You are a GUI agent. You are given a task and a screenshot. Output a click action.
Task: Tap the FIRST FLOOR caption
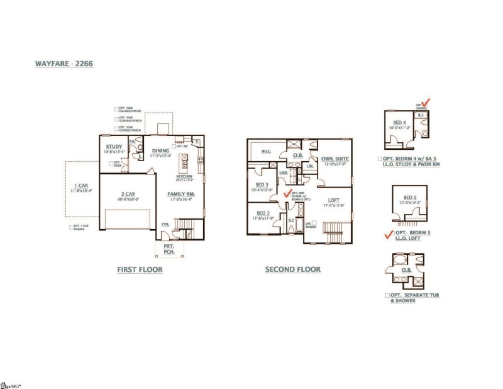[x=140, y=269]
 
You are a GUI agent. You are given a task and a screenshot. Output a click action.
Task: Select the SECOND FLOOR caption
[x=292, y=269]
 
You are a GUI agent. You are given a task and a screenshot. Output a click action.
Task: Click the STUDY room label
[x=114, y=147]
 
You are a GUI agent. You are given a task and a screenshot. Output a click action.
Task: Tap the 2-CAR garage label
[x=126, y=194]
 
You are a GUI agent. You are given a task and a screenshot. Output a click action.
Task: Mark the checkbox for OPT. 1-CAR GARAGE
[x=71, y=227]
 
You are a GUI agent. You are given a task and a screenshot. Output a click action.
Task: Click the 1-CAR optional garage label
[x=82, y=186]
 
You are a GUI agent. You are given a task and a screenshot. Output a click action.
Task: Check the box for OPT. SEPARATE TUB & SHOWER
[x=387, y=295]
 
